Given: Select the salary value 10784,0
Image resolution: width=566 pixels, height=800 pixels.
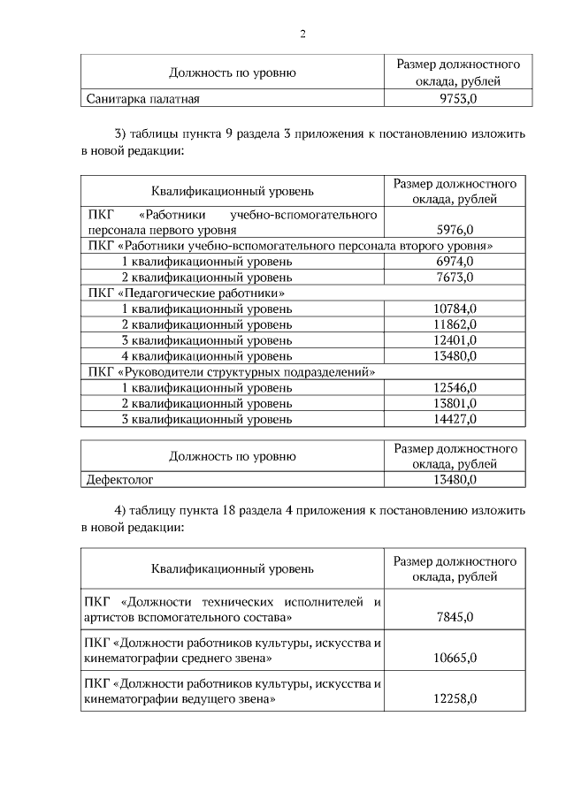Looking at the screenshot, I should coord(455,309).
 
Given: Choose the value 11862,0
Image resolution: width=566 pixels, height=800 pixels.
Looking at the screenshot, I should coord(455,324).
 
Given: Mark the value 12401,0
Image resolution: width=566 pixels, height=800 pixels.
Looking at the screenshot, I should coord(455,340).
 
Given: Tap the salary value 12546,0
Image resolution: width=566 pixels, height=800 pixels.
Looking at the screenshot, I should coord(455,387).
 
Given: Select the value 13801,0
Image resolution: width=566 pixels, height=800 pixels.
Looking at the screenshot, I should coord(455,403).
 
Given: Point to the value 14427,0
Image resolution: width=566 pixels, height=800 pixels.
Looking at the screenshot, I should coord(455,419).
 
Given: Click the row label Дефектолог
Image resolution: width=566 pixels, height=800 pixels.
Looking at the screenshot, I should coord(119,480).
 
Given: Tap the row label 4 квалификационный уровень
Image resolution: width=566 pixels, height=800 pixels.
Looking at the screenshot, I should coord(206,356).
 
